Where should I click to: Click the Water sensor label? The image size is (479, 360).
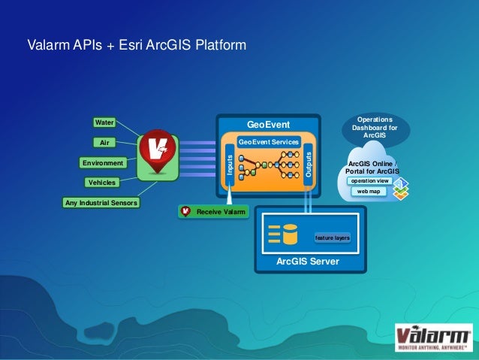[104, 122]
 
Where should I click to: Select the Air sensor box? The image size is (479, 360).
[104, 141]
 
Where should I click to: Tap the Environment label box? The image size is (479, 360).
[103, 162]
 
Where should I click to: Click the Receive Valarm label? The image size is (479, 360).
[215, 212]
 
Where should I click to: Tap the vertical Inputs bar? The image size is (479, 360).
[230, 165]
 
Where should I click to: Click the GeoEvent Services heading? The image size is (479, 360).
[268, 141]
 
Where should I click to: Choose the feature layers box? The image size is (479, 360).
[332, 237]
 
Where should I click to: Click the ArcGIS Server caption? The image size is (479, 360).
[307, 262]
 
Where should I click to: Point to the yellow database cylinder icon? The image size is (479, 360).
[289, 234]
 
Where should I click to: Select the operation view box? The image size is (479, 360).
[369, 180]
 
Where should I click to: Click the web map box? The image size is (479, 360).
[369, 192]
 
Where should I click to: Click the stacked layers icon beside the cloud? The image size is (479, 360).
[401, 187]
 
